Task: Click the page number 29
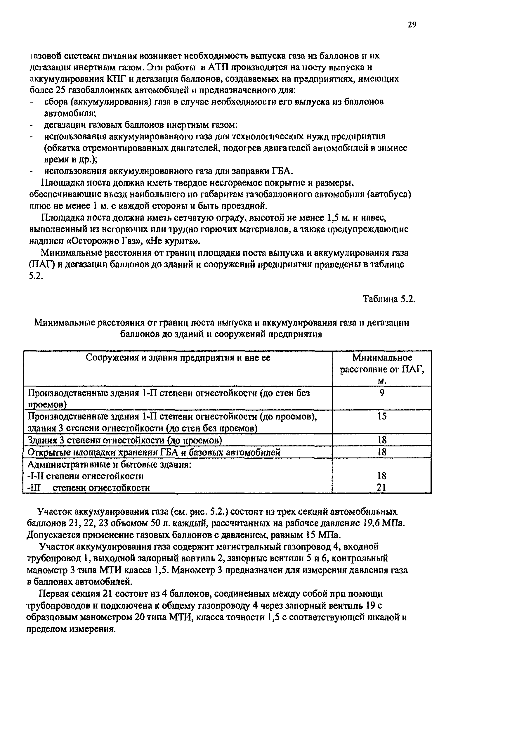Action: tap(412, 25)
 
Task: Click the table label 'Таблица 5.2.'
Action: tap(388, 299)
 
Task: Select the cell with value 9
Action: tap(382, 393)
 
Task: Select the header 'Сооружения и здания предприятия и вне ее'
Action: tap(178, 358)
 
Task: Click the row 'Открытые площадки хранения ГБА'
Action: tap(154, 452)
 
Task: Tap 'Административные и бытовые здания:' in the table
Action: tap(109, 465)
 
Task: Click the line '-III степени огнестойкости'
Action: tap(89, 488)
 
